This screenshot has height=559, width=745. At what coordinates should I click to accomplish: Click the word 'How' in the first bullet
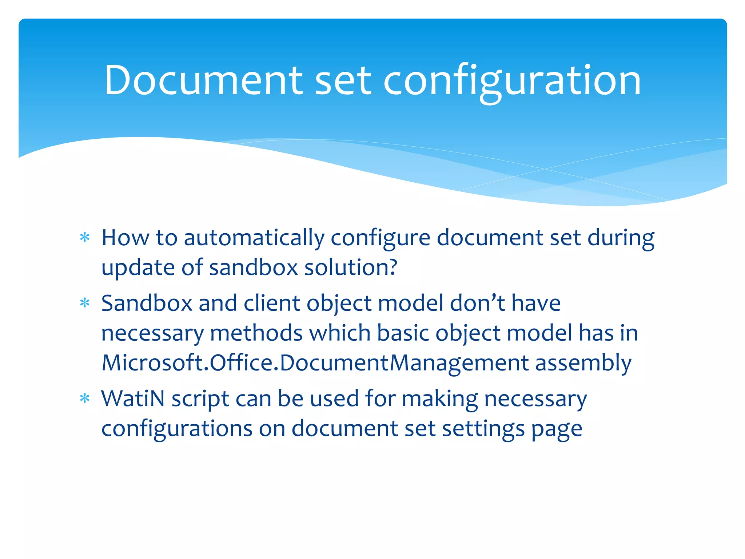(x=125, y=238)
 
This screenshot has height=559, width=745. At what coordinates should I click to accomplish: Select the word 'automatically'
(x=254, y=239)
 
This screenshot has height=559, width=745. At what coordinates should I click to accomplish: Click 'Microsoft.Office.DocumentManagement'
(x=315, y=363)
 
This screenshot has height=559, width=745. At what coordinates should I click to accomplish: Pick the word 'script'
(x=200, y=399)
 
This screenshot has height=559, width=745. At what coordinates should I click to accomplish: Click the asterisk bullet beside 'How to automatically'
(x=85, y=238)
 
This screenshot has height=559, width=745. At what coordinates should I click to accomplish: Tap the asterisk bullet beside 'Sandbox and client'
(x=85, y=303)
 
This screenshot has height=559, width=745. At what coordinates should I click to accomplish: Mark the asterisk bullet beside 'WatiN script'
(x=85, y=399)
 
